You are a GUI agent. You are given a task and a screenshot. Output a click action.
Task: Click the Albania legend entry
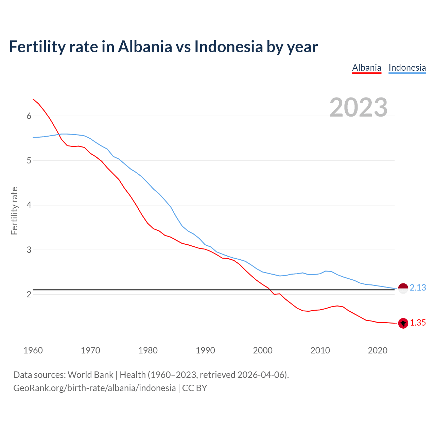367,68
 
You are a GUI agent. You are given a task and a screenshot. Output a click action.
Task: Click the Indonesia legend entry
407,68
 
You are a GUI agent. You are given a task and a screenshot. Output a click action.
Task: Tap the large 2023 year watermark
359,107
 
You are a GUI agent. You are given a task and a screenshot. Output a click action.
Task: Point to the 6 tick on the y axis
29,116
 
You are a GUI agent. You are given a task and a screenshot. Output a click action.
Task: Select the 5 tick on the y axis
29,160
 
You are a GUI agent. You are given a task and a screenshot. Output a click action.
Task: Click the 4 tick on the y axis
29,205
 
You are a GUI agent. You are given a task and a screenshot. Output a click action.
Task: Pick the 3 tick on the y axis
29,250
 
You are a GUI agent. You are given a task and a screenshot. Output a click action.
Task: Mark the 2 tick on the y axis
29,294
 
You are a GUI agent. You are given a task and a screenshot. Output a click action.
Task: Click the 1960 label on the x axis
33,350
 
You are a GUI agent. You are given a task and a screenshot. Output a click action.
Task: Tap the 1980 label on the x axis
148,350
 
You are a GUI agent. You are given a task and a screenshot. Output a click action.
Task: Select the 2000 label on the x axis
263,350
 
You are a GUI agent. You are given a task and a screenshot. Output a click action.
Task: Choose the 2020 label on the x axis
378,350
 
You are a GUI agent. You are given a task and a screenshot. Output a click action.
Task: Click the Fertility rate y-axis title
14,211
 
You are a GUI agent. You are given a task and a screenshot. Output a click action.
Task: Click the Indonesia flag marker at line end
403,288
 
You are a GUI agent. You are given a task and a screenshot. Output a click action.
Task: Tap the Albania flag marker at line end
403,323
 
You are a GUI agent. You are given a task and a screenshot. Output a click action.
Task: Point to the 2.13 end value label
418,288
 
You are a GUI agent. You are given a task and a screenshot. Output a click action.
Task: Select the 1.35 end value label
418,323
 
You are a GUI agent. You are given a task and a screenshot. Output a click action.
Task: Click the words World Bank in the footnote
90,375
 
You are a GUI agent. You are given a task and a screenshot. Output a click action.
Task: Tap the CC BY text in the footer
195,388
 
